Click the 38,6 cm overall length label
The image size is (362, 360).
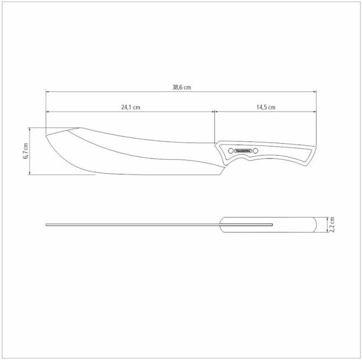pos(181,88)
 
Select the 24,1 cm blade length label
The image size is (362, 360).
pos(130,107)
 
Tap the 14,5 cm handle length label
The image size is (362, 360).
pos(266,107)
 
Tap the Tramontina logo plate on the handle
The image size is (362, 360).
pos(243,151)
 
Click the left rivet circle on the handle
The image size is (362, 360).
pos(230,151)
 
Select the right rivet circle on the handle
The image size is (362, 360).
pos(256,151)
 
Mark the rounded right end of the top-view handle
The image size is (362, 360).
pos(315,225)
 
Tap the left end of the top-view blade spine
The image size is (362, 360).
pos(46,225)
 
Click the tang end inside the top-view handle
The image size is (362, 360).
pos(272,225)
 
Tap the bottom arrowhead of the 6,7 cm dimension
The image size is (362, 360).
pos(30,174)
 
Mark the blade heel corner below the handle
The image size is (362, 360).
pos(223,174)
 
